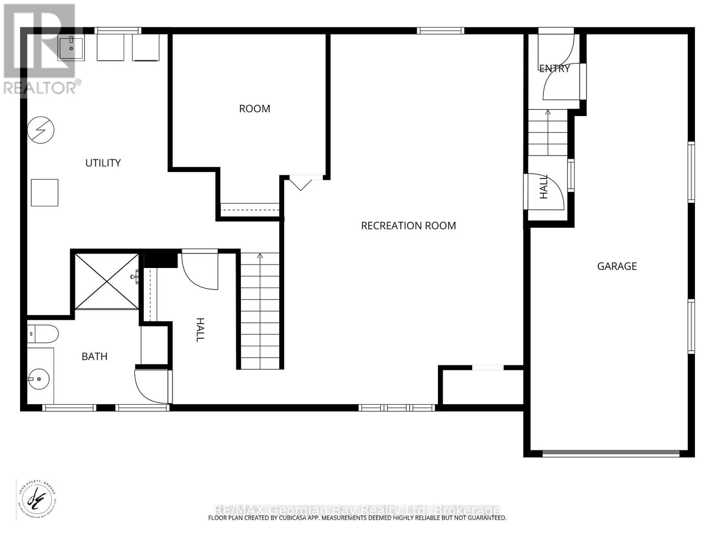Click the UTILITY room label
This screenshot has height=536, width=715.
coord(103,163)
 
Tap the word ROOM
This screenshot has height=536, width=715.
coord(254,109)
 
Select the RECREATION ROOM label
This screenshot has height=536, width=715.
coord(408,226)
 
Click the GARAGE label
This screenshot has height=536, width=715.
coord(617,266)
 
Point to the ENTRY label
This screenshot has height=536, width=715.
coord(554,68)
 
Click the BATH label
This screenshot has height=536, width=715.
coord(94,356)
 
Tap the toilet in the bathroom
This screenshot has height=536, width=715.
coord(43,334)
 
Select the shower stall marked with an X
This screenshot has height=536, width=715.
coord(106,281)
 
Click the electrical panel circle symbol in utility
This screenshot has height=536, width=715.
coord(41,130)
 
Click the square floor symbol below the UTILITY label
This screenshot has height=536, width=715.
coord(45,193)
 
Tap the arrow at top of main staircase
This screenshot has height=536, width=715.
coord(260,256)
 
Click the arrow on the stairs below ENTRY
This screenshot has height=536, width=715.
coord(548,112)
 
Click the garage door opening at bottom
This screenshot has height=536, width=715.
coord(610,453)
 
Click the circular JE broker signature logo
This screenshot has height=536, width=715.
coord(36,499)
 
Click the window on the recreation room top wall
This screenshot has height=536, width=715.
coord(441,31)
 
